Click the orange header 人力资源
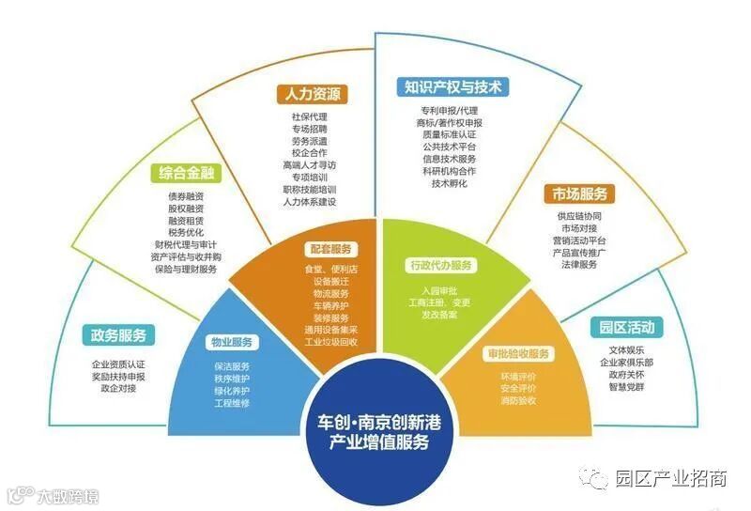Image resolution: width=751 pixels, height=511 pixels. [x=314, y=95]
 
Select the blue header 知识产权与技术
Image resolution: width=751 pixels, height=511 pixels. [x=452, y=88]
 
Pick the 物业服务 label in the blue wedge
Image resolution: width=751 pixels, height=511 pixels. [x=231, y=342]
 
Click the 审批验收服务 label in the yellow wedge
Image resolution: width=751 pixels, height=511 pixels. [x=518, y=354]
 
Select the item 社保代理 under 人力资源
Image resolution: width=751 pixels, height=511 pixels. [x=310, y=116]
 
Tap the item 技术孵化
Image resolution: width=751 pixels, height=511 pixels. [x=449, y=183]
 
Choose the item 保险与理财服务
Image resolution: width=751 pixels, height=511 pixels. [x=186, y=269]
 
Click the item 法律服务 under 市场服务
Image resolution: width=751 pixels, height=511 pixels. [x=576, y=265]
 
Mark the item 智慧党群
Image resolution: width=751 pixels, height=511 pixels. [x=625, y=385]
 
